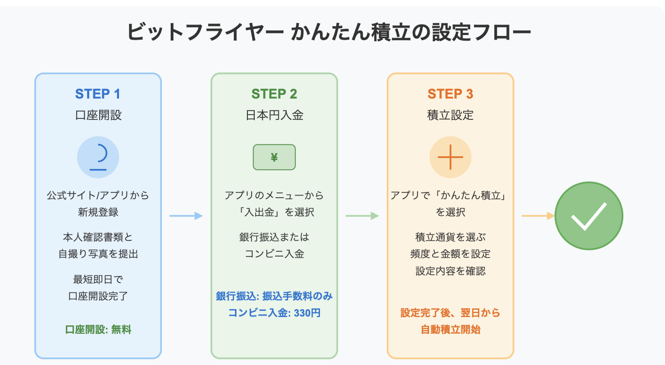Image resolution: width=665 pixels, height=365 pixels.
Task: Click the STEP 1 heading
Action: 98,94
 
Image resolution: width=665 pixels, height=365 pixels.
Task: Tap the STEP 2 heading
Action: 274,94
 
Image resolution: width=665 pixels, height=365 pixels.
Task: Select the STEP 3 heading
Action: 450,94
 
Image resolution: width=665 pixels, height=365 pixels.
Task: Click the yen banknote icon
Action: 274,157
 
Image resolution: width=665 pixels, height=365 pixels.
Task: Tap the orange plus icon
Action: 450,157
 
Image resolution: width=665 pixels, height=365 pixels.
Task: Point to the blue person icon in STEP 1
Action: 98,157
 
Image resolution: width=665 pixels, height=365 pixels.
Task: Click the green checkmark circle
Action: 589,216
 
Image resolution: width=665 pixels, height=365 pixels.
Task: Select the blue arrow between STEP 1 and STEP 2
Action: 186,216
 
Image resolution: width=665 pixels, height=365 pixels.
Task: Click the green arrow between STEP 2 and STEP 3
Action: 362,216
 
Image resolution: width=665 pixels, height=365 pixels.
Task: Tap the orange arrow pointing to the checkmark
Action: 538,216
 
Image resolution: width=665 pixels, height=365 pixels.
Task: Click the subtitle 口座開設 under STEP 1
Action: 98,115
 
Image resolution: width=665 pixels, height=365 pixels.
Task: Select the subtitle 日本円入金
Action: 275,115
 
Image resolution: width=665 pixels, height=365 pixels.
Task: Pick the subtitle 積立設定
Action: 450,115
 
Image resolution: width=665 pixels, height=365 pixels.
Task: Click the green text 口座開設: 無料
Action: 98,330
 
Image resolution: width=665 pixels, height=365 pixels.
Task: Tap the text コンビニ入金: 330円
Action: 275,313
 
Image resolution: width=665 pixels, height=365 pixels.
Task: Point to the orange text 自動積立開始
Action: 450,330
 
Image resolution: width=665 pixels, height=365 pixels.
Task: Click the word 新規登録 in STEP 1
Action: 98,212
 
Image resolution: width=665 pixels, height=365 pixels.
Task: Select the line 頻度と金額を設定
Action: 450,254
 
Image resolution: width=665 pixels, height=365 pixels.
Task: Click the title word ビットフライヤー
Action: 205,32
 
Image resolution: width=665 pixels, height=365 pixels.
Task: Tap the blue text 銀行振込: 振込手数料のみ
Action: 275,296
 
